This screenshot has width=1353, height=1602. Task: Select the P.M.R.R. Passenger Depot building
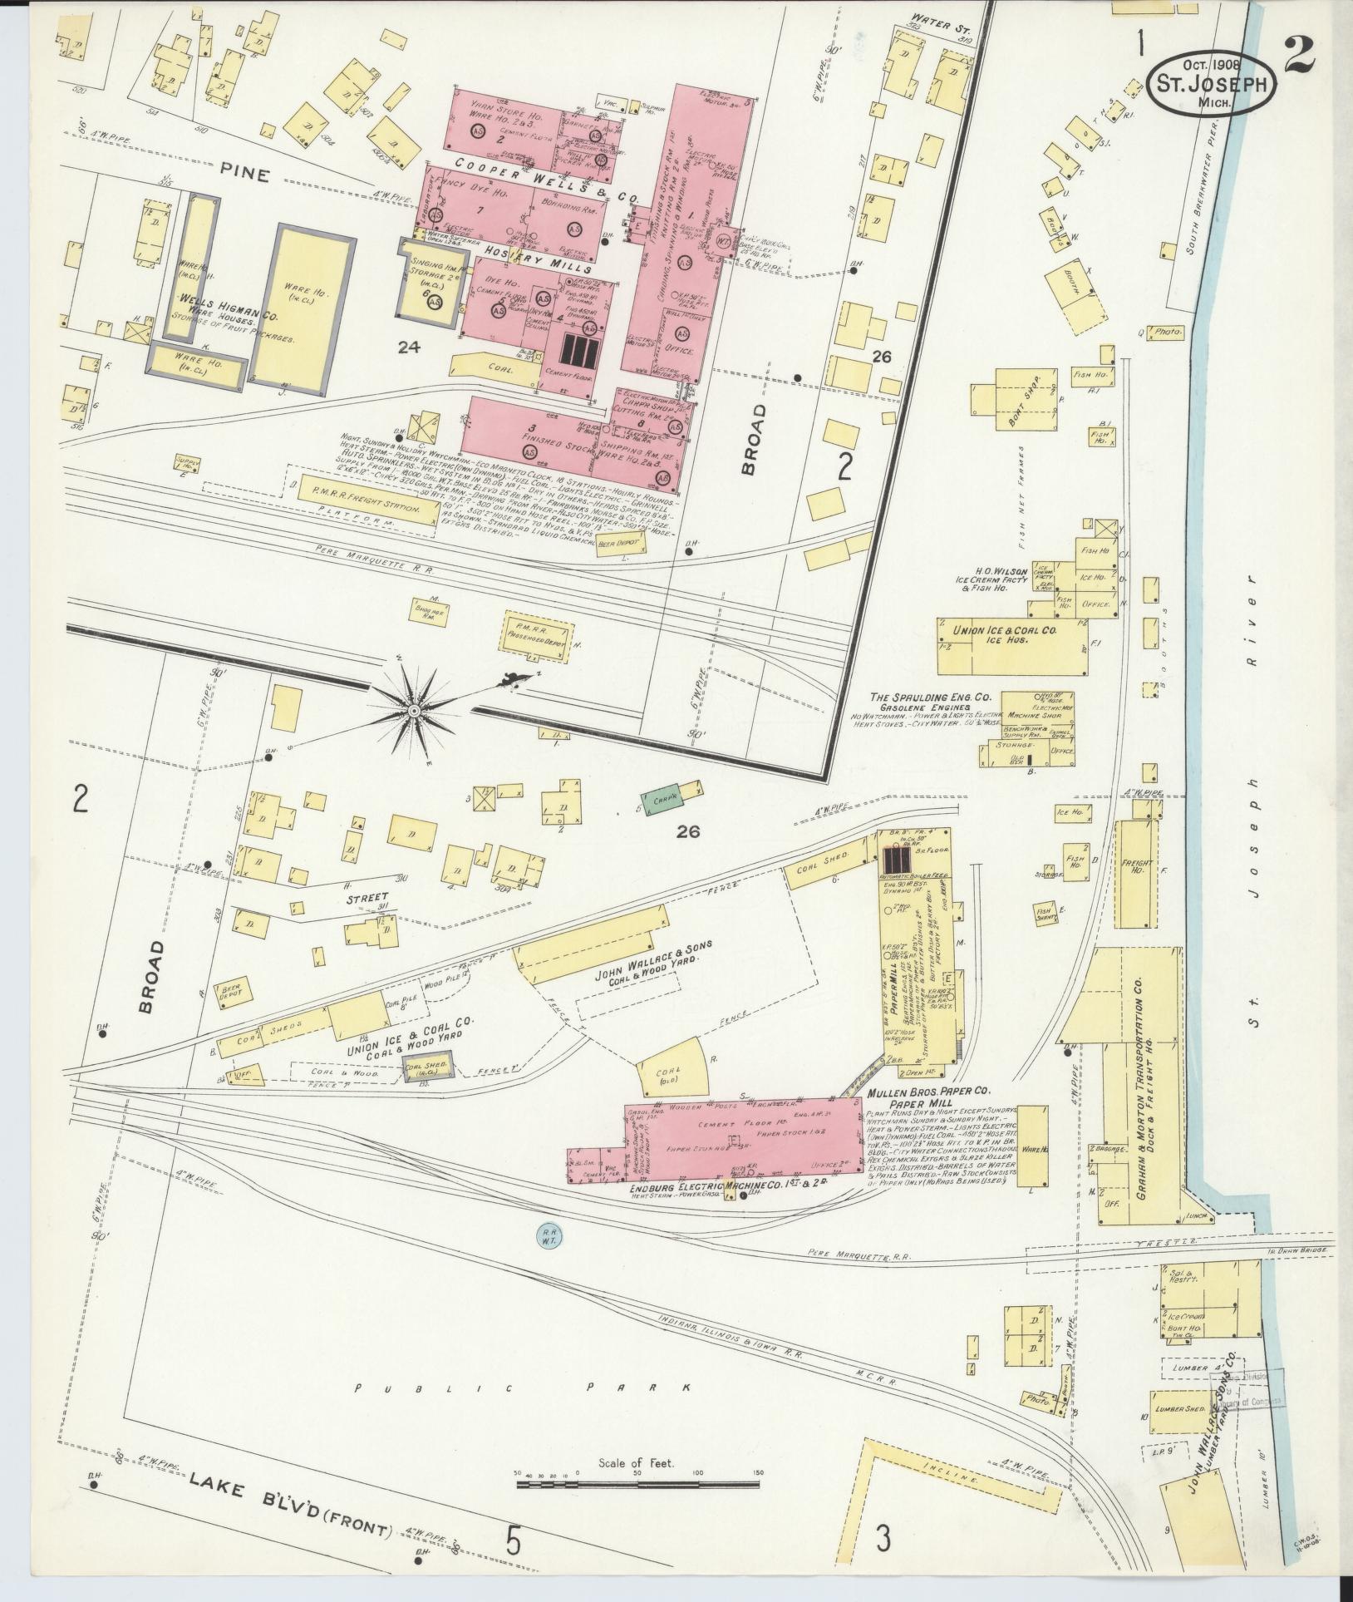539,633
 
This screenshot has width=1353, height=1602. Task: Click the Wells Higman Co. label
224,317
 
